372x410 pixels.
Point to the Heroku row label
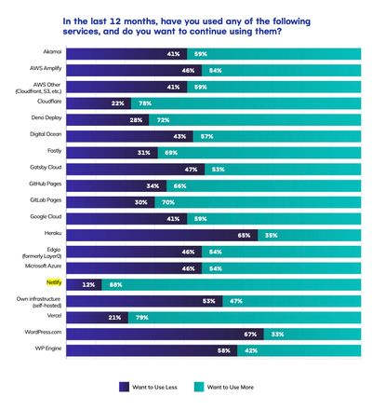50,235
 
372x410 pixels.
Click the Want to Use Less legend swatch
124,385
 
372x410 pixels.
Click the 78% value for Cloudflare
143,102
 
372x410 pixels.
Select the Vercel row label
52,318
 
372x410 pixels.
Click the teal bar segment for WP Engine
298,350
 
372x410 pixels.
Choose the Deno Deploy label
46,119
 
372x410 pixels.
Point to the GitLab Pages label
46,201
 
